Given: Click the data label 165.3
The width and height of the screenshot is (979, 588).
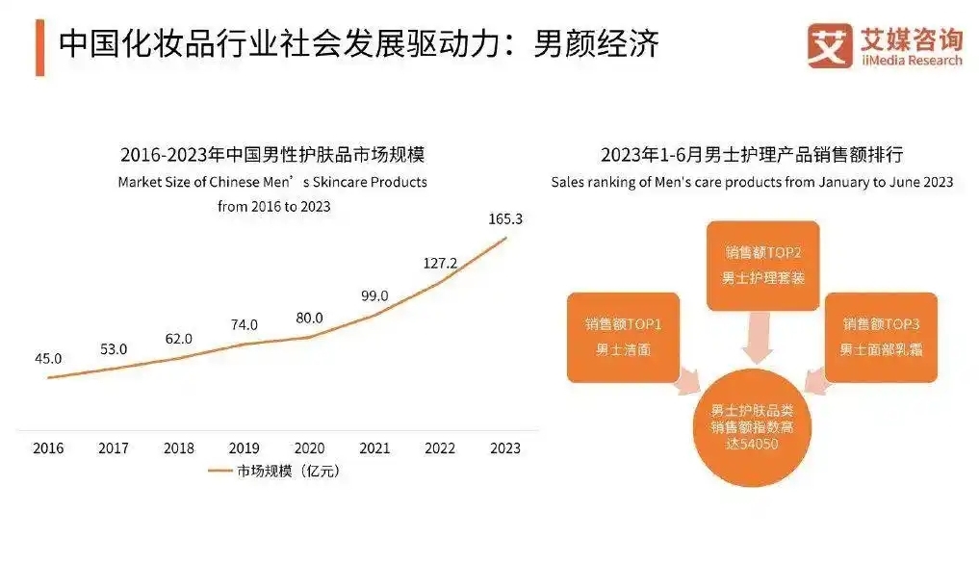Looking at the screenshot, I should [505, 219].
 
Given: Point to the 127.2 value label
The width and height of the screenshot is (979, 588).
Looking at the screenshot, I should [440, 263].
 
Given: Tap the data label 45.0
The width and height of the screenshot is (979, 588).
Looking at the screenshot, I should [48, 358].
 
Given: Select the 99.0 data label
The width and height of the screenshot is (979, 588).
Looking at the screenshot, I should [374, 295].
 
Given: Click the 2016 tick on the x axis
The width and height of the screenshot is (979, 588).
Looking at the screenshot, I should [48, 448].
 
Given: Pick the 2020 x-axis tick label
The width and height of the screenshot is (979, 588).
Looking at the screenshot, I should [309, 448].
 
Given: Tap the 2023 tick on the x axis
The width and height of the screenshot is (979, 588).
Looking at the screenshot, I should [505, 448].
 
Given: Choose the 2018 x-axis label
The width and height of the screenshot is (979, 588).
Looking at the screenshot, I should [178, 448].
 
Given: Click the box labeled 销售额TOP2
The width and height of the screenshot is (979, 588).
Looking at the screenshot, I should [762, 266].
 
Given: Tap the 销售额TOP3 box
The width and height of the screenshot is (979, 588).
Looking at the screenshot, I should [881, 337].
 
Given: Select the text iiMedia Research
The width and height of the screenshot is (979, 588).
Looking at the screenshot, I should [911, 61].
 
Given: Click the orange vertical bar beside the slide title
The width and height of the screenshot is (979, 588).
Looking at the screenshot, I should [40, 46].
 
